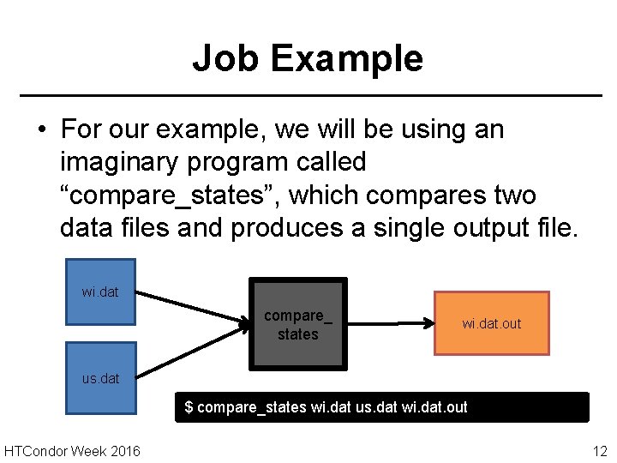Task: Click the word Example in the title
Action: (347, 58)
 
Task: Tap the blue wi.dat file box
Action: (101, 292)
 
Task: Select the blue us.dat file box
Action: (101, 378)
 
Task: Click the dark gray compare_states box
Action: (297, 324)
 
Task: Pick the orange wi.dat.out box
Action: (491, 323)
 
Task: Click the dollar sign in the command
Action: (189, 407)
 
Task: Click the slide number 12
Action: (599, 451)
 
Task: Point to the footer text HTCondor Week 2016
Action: (72, 451)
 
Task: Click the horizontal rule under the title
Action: (308, 94)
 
